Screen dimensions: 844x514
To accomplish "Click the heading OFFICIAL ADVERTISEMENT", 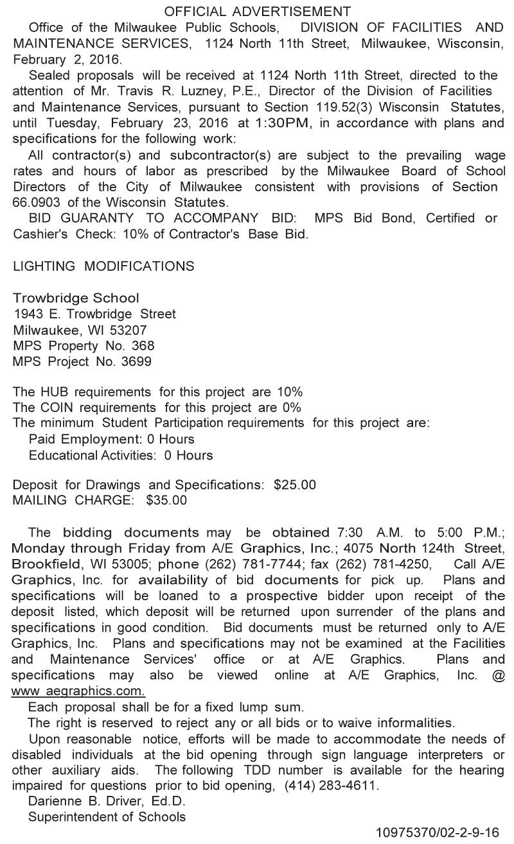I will click(257, 12).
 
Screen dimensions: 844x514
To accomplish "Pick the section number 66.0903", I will click(37, 202).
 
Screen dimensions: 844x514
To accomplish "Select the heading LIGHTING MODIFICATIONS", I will click(103, 266).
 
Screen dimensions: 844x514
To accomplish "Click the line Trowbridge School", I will click(76, 298).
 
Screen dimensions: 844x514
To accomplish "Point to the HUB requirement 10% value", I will click(290, 392).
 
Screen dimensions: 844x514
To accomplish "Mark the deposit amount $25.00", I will click(294, 485).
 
